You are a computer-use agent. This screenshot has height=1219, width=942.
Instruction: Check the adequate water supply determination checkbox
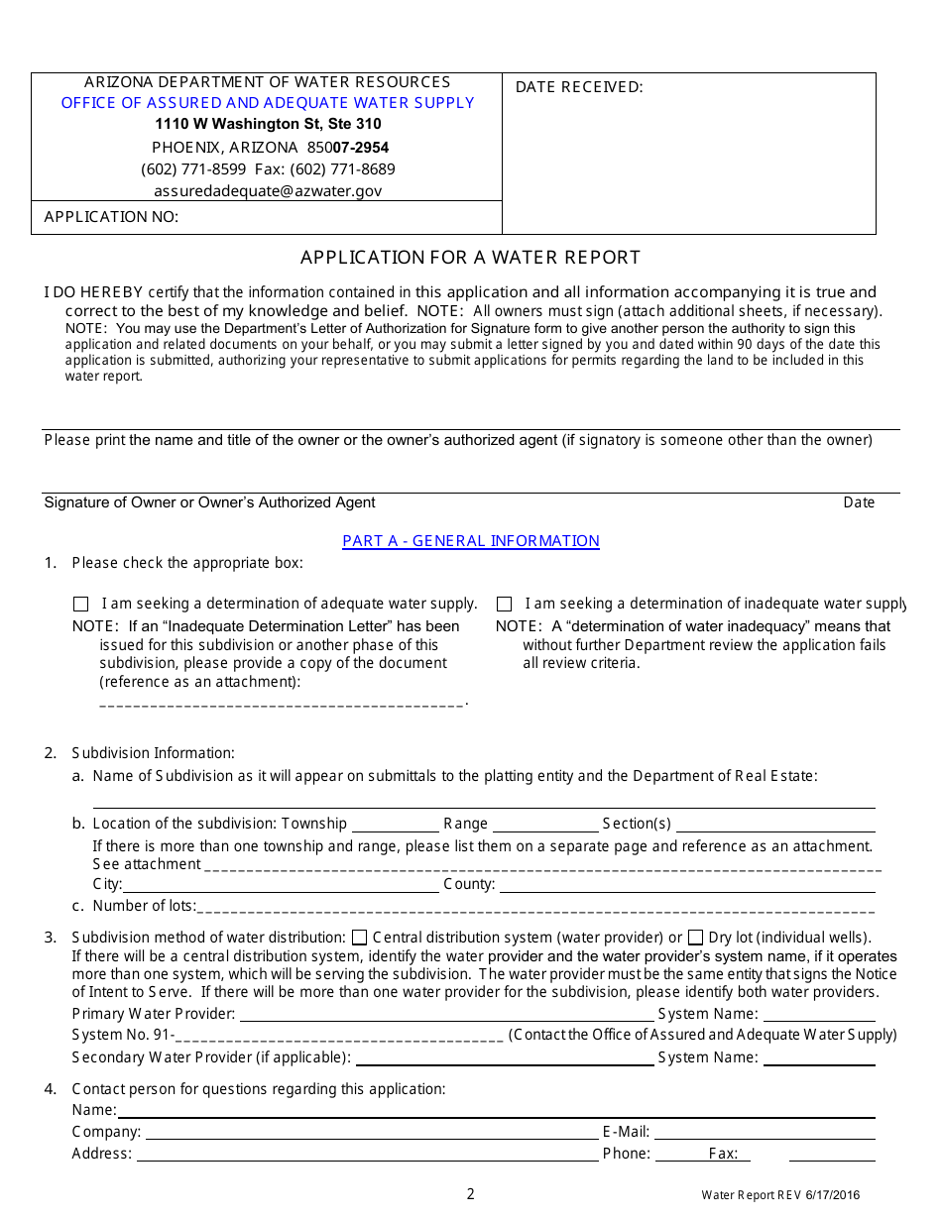tap(81, 604)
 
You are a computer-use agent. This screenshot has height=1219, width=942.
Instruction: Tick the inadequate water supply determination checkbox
tap(505, 604)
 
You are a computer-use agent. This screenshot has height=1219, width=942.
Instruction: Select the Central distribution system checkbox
tap(360, 938)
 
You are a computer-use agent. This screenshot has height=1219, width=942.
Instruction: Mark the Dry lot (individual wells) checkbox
tap(696, 938)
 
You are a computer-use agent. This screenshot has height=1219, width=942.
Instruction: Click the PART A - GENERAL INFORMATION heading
tap(471, 541)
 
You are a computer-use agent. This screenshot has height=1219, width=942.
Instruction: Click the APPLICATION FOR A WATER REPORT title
tap(471, 258)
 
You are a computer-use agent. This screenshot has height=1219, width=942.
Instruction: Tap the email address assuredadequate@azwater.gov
tap(268, 191)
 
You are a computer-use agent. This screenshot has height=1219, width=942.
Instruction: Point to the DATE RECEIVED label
tap(579, 87)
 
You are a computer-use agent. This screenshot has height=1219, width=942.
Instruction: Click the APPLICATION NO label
tap(111, 217)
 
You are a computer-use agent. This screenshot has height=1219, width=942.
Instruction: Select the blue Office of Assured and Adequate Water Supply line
tap(268, 103)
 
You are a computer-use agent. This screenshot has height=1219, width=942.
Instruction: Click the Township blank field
tap(395, 825)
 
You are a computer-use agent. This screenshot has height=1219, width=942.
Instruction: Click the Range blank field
tap(546, 825)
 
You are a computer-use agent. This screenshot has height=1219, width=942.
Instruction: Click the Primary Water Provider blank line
tap(446, 1014)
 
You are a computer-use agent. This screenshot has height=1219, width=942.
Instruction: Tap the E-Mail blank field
tap(765, 1132)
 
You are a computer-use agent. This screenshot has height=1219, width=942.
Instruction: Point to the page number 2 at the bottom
tap(471, 1194)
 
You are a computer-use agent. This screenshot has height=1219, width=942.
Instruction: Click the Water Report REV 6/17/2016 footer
tap(780, 1195)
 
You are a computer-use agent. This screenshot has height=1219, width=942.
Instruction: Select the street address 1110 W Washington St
tap(268, 124)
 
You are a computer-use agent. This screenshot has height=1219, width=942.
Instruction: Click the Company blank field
tap(372, 1132)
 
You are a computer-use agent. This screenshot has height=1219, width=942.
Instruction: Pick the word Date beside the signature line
tap(859, 502)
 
